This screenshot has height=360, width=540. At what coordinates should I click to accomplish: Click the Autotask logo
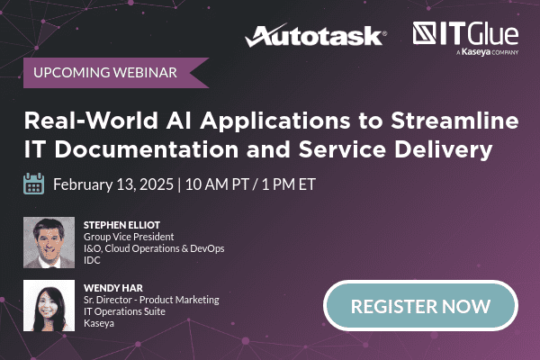click(x=316, y=36)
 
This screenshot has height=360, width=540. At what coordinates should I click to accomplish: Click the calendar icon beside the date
click(x=34, y=184)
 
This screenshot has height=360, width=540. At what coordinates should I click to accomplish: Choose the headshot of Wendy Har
click(x=48, y=305)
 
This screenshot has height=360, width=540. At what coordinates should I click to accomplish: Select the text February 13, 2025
click(x=112, y=185)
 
